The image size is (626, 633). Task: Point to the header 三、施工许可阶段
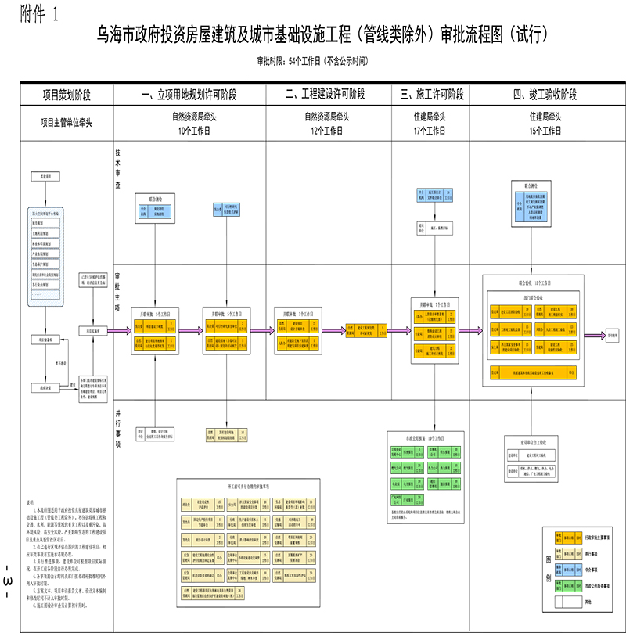(431, 95)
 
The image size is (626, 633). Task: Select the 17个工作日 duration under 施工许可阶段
(431, 131)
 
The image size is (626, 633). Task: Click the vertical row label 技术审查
(119, 171)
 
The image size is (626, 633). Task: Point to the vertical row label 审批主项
(119, 293)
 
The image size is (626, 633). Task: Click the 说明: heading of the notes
(31, 501)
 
